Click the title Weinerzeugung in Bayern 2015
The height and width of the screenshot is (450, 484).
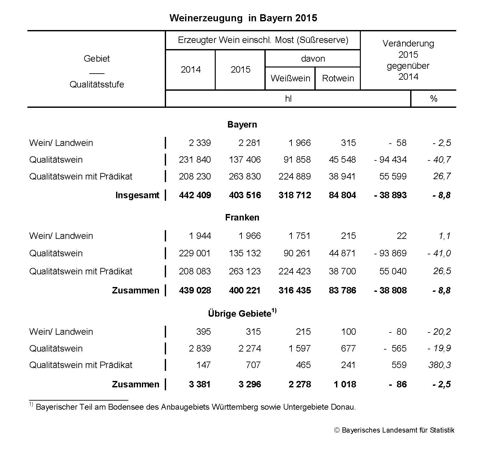(243, 18)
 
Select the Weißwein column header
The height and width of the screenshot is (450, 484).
(290, 78)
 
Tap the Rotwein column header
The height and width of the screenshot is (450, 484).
(338, 78)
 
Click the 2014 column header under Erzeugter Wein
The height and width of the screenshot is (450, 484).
(191, 70)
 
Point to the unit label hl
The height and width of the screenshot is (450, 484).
(288, 99)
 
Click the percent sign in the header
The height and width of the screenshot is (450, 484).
(434, 99)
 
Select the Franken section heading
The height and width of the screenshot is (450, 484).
(242, 218)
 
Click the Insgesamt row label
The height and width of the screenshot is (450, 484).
(137, 195)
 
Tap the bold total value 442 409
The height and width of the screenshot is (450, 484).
(195, 195)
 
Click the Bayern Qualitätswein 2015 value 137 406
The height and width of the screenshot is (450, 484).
(245, 160)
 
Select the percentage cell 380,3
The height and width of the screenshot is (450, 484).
(440, 365)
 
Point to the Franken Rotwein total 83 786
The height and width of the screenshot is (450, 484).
(342, 291)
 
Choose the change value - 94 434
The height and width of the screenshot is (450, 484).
(390, 160)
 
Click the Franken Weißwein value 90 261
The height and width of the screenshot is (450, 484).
(297, 253)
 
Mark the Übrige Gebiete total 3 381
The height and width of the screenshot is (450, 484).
(200, 384)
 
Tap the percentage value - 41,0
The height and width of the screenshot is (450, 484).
(439, 253)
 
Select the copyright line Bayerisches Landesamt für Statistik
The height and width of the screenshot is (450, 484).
(394, 430)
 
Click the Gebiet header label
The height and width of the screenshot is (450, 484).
(97, 59)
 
